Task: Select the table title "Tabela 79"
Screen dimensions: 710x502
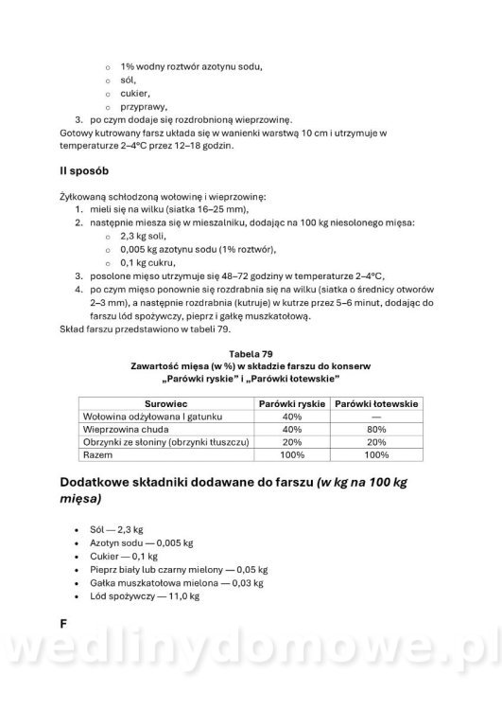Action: point(251,353)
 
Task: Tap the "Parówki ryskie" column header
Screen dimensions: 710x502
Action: point(292,402)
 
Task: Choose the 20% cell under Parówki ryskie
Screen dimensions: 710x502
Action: point(292,442)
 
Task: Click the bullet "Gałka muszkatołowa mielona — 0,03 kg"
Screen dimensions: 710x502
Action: point(171,584)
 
